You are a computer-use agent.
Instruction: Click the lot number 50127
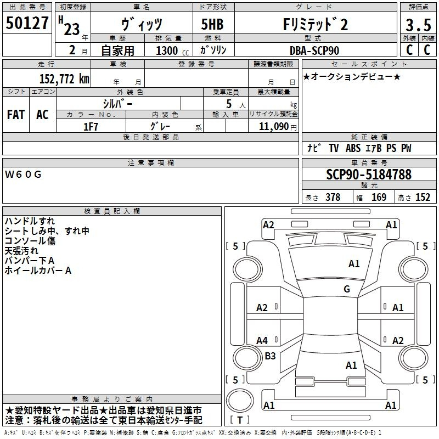click(x=27, y=23)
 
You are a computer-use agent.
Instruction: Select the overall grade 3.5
click(x=418, y=25)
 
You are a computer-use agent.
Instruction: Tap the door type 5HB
click(x=212, y=24)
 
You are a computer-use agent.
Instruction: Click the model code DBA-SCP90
click(x=314, y=50)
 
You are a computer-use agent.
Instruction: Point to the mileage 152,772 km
click(x=64, y=78)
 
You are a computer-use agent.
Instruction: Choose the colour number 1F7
click(x=91, y=127)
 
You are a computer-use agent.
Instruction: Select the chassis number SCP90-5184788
click(x=369, y=174)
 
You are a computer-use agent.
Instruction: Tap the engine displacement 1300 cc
click(x=172, y=50)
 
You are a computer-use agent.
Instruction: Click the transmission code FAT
click(x=16, y=115)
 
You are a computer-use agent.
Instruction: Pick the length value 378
click(x=333, y=197)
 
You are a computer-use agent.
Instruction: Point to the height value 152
click(x=423, y=197)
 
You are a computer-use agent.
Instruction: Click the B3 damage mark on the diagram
click(x=270, y=356)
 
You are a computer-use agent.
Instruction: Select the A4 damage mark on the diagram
click(x=262, y=341)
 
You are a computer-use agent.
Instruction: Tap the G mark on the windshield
click(x=347, y=289)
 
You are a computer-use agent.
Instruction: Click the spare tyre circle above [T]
click(x=240, y=401)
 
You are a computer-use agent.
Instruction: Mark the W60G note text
click(x=23, y=175)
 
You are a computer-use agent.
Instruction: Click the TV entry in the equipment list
click(x=334, y=148)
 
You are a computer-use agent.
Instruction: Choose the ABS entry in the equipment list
click(x=353, y=148)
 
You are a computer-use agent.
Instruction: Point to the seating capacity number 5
click(x=229, y=104)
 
